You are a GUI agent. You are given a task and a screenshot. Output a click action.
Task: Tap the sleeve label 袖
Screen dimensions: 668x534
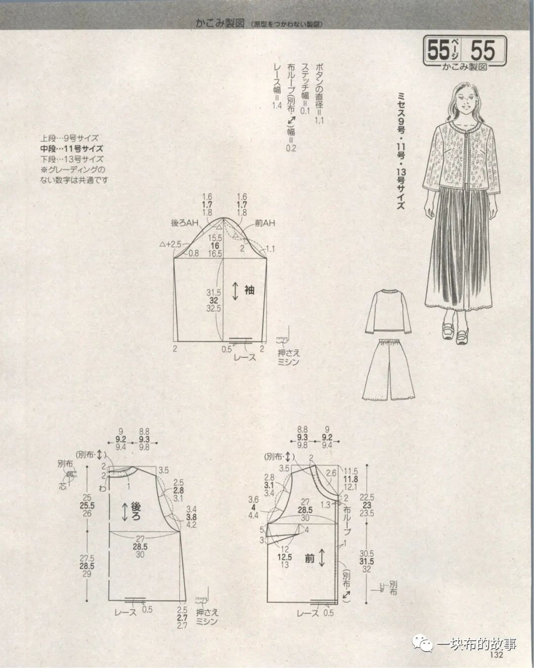[249, 290]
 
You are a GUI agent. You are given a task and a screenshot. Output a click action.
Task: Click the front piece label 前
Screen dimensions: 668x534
[310, 559]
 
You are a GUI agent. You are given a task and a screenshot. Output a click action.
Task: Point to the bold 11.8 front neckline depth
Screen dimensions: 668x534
[351, 478]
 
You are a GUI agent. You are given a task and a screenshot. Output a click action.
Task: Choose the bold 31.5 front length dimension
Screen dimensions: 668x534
[367, 562]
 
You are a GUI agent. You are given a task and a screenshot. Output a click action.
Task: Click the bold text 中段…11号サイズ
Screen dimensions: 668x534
[72, 148]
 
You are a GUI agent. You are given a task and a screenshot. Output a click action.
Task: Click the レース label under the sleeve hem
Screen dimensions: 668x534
[245, 357]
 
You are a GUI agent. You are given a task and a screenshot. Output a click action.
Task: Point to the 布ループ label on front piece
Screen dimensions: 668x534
[346, 519]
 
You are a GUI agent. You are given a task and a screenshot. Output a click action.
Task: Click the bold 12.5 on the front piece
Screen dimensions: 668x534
[285, 557]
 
